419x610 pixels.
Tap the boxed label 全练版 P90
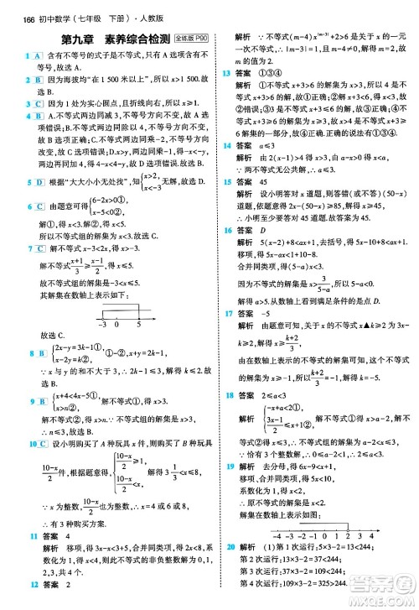point(193,39)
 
